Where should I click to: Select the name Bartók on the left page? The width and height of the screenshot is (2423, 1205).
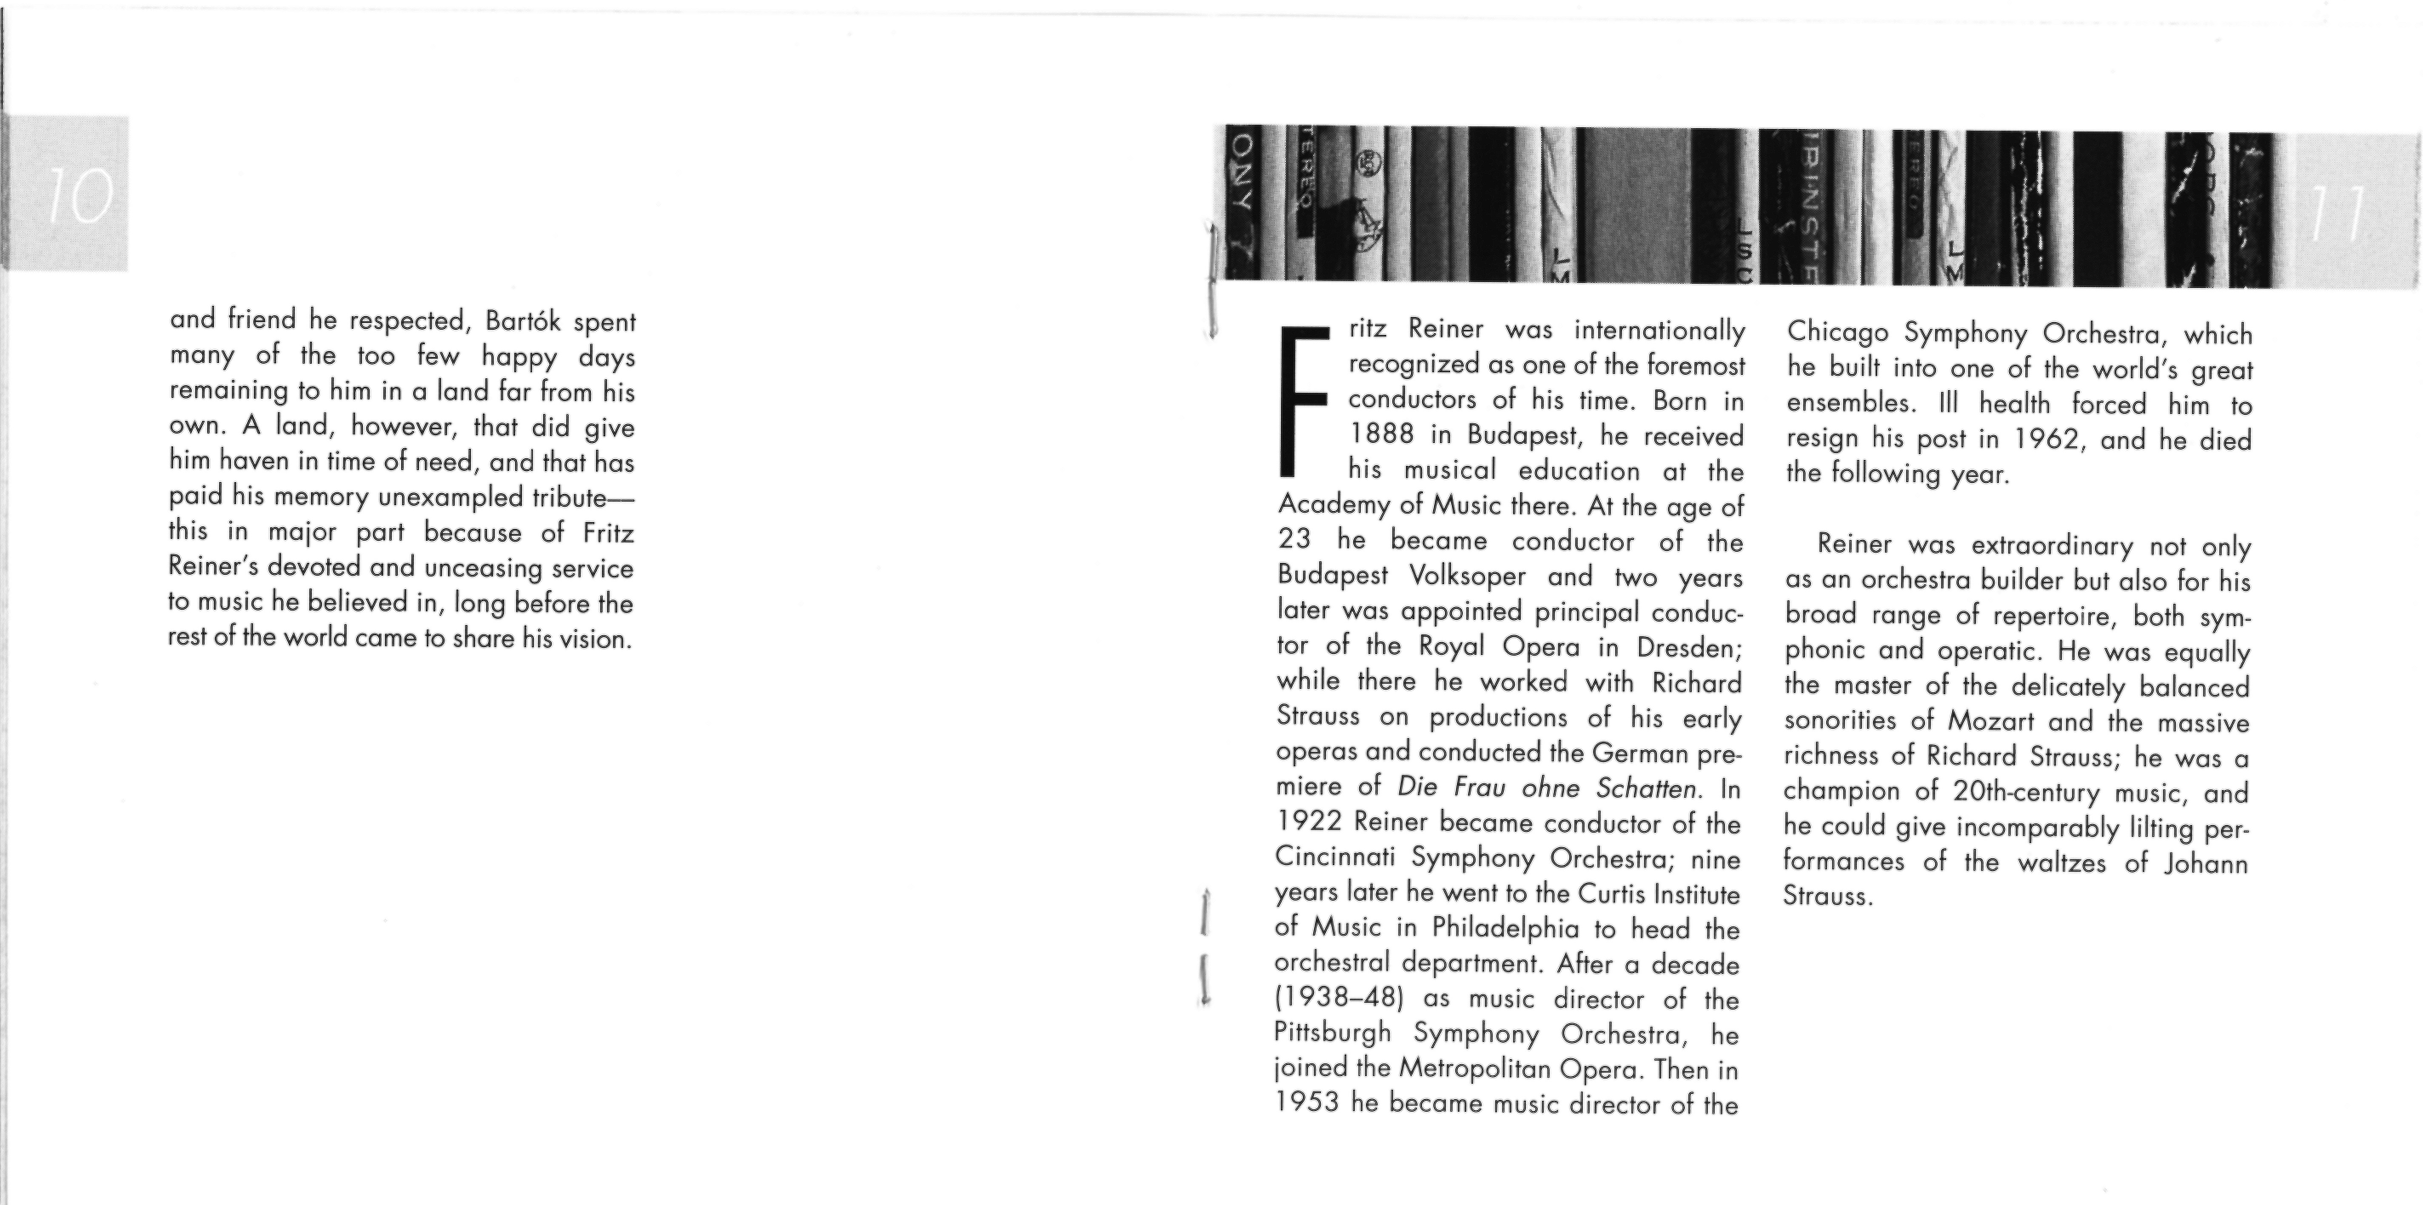pos(523,322)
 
